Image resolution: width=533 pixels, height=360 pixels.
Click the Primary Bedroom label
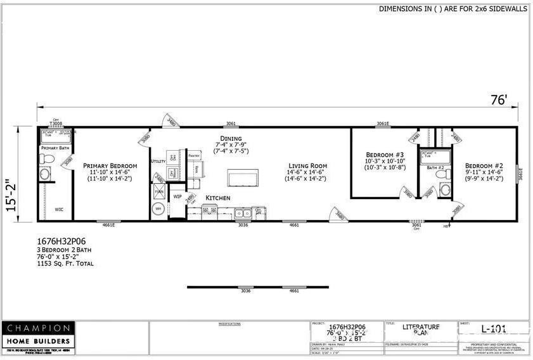pos(110,165)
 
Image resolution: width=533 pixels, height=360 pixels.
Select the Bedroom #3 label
pos(385,154)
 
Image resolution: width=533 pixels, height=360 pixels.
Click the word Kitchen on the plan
pos(218,198)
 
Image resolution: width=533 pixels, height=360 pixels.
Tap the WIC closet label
pos(59,209)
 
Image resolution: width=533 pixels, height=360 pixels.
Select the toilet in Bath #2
pos(445,189)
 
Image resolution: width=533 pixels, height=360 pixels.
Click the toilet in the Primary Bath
pos(45,174)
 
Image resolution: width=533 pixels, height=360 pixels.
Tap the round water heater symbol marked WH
pos(158,209)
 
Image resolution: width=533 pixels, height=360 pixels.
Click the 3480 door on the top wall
pos(170,120)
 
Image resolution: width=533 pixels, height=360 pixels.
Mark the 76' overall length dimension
pos(499,100)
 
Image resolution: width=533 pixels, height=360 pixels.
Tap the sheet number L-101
pos(492,328)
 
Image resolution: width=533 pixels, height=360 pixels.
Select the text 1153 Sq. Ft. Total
pos(65,263)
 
